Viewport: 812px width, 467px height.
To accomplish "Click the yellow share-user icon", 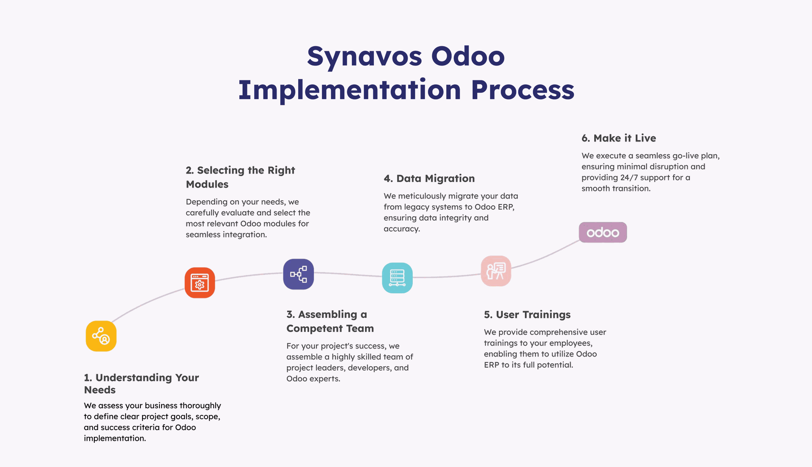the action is coord(101,336).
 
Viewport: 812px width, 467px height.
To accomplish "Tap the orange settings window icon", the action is coord(200,283).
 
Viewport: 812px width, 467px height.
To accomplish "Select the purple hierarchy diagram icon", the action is coord(299,274).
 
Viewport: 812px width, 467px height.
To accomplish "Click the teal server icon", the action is coord(397,278).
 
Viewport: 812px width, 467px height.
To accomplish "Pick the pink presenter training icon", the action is coord(496,271).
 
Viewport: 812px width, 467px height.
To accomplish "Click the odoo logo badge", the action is coord(603,232).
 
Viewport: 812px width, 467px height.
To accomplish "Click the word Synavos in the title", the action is coord(365,57).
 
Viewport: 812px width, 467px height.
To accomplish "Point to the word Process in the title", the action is coord(523,90).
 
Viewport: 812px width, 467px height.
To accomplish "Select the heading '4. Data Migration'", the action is coord(429,179).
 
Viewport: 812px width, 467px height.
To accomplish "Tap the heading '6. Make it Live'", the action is coord(619,138).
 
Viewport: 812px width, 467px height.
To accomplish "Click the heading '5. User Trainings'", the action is coord(527,315).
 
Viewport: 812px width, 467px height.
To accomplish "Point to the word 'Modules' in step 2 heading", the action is coord(207,185).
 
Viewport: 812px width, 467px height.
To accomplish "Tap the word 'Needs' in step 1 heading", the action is coord(100,390).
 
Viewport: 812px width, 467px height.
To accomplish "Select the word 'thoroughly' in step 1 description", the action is coord(200,406).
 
